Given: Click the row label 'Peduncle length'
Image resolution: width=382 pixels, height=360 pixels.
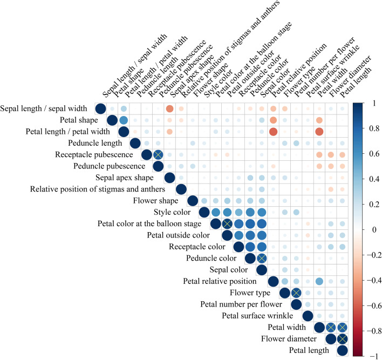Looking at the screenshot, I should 97,143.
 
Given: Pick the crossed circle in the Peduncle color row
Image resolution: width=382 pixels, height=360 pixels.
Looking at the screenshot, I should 262,259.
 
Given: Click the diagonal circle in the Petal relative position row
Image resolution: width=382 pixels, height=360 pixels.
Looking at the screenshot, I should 273,281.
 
